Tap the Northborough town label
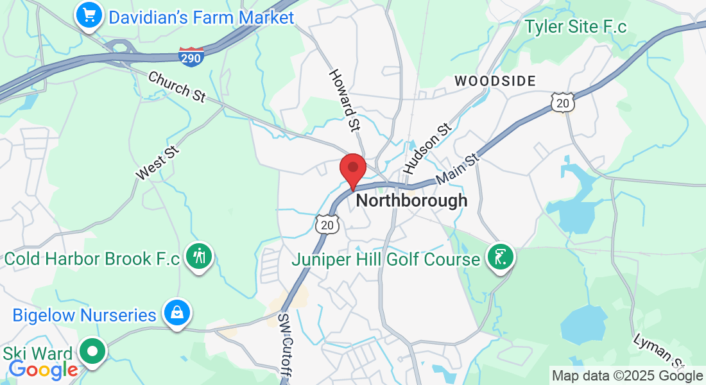click(x=411, y=200)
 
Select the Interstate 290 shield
click(x=191, y=56)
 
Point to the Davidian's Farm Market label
click(x=202, y=17)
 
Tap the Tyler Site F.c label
click(x=575, y=27)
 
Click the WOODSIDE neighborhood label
click(x=495, y=81)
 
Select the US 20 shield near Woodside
click(x=562, y=103)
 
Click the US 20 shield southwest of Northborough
click(x=327, y=224)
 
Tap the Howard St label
click(x=344, y=100)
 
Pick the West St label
click(x=157, y=162)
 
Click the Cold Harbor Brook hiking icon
click(x=199, y=256)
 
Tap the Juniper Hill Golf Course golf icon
click(x=501, y=257)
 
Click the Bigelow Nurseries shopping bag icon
click(x=175, y=313)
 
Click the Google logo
click(x=43, y=369)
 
